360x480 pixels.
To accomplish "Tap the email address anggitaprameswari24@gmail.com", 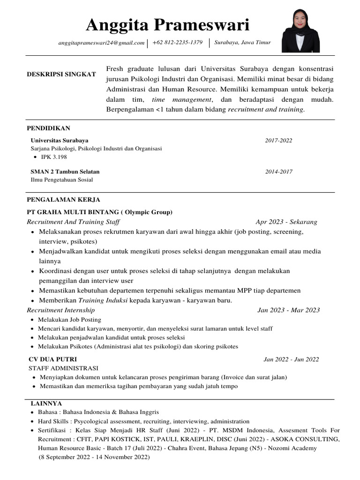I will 101,43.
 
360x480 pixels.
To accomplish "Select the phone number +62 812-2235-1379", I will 178,43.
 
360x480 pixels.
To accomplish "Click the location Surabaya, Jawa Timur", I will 242,43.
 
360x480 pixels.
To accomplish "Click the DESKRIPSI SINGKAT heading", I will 61,75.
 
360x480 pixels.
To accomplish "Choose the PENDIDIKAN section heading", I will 48,128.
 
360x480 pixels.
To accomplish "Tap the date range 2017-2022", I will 278,140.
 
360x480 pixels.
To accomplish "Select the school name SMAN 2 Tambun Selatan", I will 65,172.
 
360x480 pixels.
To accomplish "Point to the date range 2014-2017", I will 278,172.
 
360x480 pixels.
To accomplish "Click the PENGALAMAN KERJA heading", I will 63,199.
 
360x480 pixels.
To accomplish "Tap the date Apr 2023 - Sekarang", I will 286,222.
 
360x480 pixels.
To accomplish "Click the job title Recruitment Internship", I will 61,310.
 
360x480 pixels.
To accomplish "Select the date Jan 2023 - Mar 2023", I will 289,310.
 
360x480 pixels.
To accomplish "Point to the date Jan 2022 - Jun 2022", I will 291,360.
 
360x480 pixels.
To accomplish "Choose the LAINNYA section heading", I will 46,403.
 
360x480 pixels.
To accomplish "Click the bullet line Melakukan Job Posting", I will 69,320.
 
